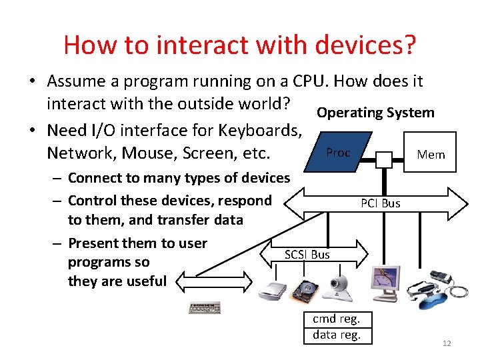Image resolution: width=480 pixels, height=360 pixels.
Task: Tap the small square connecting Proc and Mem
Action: (x=383, y=159)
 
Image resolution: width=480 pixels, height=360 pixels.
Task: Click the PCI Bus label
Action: (x=380, y=203)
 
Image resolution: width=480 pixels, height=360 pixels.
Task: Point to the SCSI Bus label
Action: (x=307, y=254)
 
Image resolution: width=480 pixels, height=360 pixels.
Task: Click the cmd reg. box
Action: (x=336, y=319)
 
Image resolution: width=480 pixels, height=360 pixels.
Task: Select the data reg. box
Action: (x=336, y=335)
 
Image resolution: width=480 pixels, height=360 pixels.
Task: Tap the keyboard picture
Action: (x=205, y=308)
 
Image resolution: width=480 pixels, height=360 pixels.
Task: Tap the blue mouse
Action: (x=437, y=294)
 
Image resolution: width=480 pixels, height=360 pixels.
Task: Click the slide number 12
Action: (x=447, y=343)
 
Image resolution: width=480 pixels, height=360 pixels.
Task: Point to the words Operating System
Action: (x=375, y=113)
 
